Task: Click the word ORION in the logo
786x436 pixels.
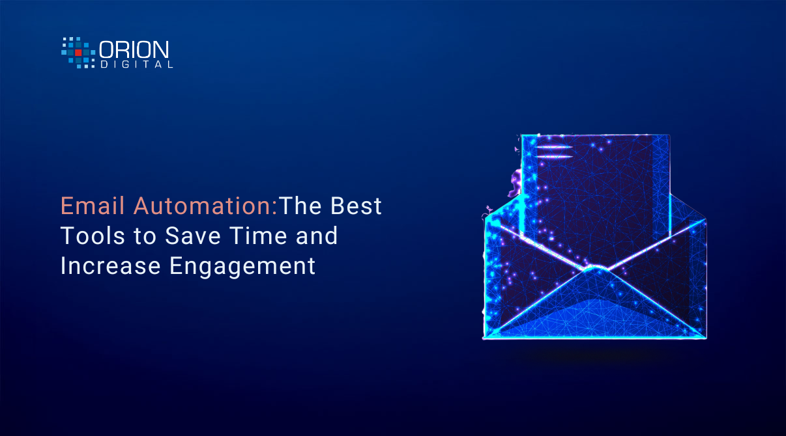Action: click(134, 49)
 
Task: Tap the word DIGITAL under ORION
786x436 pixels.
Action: click(136, 64)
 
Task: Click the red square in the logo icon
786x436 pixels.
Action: click(78, 52)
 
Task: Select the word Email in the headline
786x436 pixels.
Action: click(93, 206)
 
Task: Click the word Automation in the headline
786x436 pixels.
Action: click(205, 206)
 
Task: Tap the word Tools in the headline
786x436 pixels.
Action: click(93, 236)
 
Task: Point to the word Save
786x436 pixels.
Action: click(193, 236)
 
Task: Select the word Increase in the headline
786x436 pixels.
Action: click(111, 266)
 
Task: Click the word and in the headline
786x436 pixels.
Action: click(317, 236)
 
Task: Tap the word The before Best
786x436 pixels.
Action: click(300, 206)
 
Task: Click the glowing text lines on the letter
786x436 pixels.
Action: click(555, 152)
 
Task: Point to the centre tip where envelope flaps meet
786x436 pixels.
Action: click(596, 267)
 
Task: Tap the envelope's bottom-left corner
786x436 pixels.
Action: click(484, 338)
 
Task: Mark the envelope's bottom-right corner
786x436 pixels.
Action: click(706, 338)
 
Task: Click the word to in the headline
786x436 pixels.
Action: click(145, 236)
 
